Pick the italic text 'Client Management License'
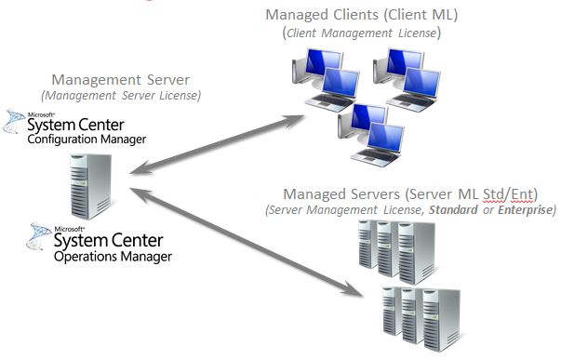tap(362, 33)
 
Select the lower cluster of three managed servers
tap(409, 313)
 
